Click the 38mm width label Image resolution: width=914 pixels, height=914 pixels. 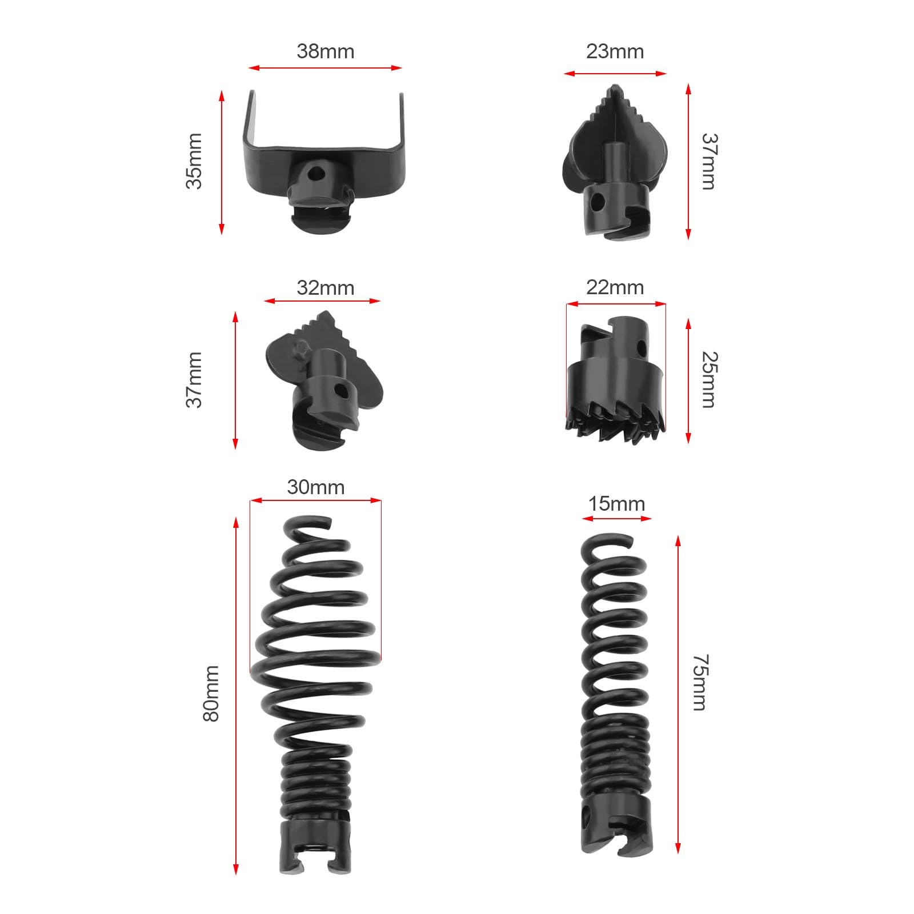pyautogui.click(x=325, y=51)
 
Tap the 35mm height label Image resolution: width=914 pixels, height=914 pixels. pyautogui.click(x=194, y=161)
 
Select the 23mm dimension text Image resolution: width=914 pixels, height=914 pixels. pyautogui.click(x=615, y=51)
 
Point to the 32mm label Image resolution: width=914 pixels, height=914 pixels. pyautogui.click(x=325, y=287)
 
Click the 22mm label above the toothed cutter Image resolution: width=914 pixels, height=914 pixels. pyautogui.click(x=615, y=287)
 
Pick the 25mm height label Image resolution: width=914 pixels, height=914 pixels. pyautogui.click(x=709, y=380)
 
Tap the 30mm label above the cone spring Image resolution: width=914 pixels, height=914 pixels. pyautogui.click(x=315, y=487)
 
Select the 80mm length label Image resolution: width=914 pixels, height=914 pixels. pyautogui.click(x=211, y=693)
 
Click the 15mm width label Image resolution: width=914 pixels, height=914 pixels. pyautogui.click(x=616, y=504)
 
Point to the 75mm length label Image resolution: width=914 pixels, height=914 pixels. pyautogui.click(x=700, y=683)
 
